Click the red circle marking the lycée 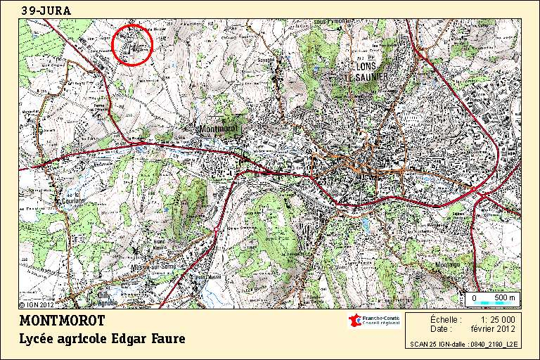(132, 45)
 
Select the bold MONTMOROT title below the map (62, 321)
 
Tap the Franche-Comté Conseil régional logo (374, 321)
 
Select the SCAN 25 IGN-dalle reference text (464, 345)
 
